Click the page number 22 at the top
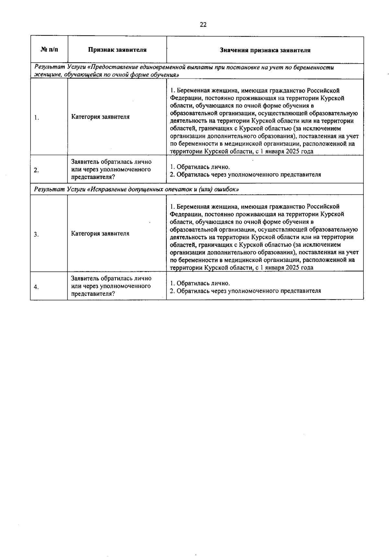pos(203,25)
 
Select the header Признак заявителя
pos(117,50)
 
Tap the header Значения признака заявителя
pos(265,50)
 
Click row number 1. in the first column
pos(37,118)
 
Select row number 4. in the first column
pos(36,287)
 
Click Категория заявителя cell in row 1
pos(100,117)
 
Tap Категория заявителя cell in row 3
pos(100,233)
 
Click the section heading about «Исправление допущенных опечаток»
pos(136,189)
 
